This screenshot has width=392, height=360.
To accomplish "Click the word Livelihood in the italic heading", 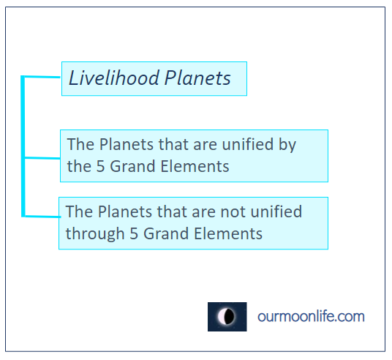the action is click(114, 78).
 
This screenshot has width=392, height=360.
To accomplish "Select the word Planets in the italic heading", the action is click(197, 78).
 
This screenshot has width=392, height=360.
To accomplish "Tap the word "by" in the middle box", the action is click(287, 145).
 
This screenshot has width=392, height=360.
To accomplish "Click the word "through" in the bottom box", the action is click(95, 234).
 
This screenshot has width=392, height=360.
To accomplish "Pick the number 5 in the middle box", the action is click(100, 166).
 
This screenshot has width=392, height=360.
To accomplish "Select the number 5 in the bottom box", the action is click(134, 233).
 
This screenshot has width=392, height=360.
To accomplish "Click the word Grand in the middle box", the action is click(132, 166).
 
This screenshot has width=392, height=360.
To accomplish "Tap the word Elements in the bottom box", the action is click(228, 233).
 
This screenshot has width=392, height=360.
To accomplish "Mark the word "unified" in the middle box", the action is click(247, 144).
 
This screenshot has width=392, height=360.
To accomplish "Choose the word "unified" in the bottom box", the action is click(276, 211).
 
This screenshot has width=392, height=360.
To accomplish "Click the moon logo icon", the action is click(227, 317).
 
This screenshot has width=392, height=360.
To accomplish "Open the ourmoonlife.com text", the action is click(311, 317).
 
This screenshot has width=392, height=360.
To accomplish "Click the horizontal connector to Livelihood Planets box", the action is click(42, 77).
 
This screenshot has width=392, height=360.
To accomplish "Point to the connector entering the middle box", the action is click(42, 158).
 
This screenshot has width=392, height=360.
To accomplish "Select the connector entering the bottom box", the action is click(42, 217).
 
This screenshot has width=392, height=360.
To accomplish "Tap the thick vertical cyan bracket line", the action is click(23, 146).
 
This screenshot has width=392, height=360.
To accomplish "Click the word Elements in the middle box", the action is click(195, 166).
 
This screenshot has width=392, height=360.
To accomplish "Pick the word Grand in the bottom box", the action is click(166, 233).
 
